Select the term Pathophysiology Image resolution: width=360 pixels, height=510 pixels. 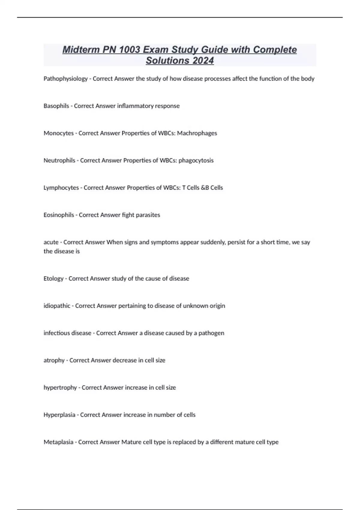point(65,79)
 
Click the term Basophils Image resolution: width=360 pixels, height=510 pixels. point(56,106)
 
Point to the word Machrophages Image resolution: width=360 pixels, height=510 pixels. point(197,133)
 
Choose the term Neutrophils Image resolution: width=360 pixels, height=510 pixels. point(59,160)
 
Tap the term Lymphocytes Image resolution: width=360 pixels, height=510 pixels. point(61,188)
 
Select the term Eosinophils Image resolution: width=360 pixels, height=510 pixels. point(58,215)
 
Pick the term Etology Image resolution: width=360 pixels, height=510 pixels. point(53,279)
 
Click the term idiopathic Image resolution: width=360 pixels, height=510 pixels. point(57,306)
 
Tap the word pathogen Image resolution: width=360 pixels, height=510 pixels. point(211,333)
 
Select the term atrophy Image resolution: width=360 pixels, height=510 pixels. point(54,360)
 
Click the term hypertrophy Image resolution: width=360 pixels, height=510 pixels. point(60,388)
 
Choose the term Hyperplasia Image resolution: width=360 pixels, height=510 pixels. point(59,415)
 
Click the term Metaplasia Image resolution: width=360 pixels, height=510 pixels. point(58,442)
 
